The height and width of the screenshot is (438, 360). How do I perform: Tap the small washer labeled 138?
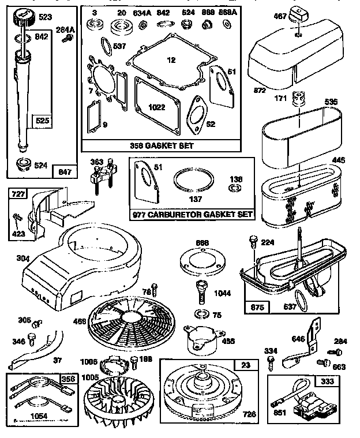[235, 188]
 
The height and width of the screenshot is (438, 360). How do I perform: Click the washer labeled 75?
[202, 314]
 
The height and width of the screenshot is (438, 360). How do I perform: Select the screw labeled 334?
[271, 362]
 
